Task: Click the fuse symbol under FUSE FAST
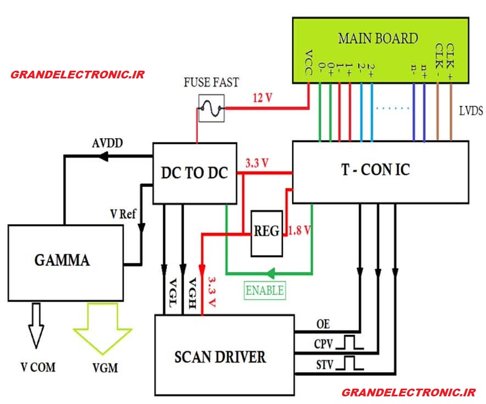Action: (x=211, y=109)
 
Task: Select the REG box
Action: (x=266, y=234)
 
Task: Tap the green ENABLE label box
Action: (x=265, y=291)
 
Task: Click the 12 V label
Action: (x=262, y=98)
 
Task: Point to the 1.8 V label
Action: (x=299, y=230)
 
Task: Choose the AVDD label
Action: (x=107, y=143)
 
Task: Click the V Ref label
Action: (x=123, y=214)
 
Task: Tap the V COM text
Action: (x=38, y=367)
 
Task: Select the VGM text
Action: (x=105, y=368)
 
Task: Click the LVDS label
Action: (x=471, y=111)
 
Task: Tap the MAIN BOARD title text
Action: (x=378, y=38)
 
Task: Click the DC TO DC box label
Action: (x=194, y=173)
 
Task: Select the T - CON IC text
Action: (x=376, y=170)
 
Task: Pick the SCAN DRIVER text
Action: (x=220, y=357)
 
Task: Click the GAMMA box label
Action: (x=62, y=260)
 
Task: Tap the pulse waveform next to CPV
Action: (x=350, y=343)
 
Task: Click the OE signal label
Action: (x=323, y=324)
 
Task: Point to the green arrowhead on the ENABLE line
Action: (x=271, y=274)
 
